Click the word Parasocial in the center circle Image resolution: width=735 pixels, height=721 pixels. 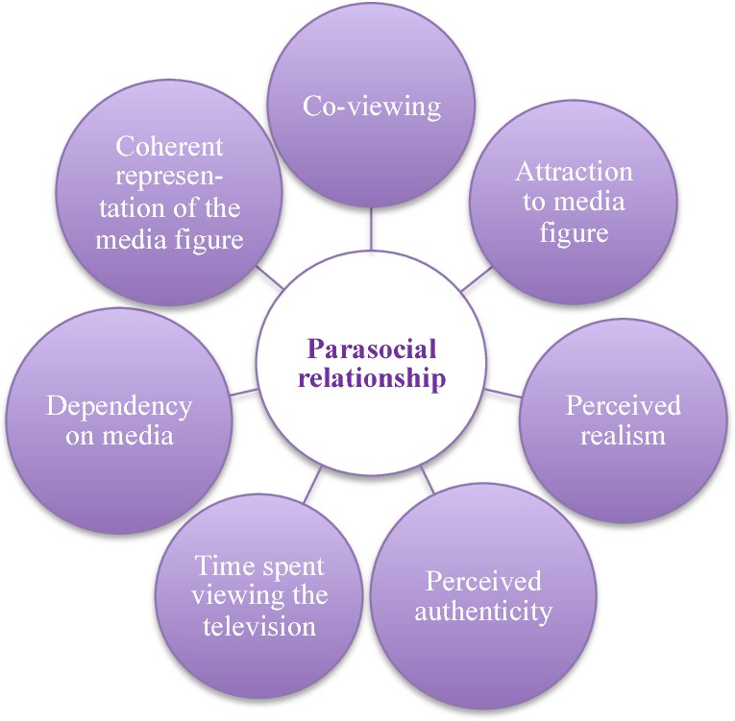tap(372, 348)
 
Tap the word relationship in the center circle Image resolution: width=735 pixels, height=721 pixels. tap(372, 377)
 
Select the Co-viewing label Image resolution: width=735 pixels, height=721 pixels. tap(372, 106)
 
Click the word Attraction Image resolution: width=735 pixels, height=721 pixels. tap(574, 173)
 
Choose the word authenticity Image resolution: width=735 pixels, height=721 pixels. tap(483, 611)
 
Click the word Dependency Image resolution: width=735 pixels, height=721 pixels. tap(119, 405)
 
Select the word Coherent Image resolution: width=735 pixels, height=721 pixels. tap(169, 147)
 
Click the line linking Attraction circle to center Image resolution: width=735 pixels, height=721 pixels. tap(477, 279)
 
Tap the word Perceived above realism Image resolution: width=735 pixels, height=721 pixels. tap(623, 405)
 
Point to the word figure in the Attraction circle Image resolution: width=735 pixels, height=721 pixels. tap(574, 233)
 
